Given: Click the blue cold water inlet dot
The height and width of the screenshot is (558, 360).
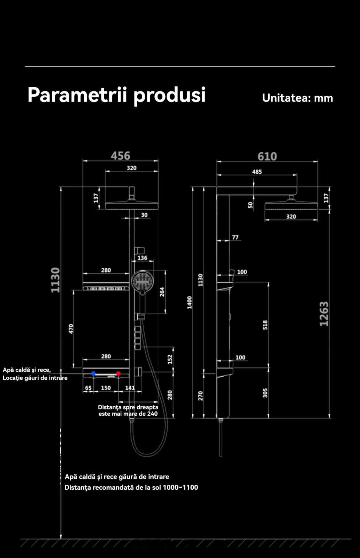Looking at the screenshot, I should tap(93, 374).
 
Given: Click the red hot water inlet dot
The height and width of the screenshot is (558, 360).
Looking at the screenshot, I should tap(118, 374).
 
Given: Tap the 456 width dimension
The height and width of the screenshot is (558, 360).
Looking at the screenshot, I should tap(121, 156).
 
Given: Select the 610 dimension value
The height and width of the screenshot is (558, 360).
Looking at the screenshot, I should tap(267, 157).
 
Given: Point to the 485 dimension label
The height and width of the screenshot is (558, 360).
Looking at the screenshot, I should tap(257, 172).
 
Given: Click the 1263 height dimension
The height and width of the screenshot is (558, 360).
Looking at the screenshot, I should tap(324, 314).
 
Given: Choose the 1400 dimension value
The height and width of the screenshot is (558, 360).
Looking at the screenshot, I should tap(190, 302).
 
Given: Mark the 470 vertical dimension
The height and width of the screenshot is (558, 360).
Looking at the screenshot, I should tap(71, 329).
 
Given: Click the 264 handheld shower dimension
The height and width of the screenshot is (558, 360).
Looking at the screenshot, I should tap(162, 292).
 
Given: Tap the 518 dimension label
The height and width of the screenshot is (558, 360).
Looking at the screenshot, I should tap(265, 325).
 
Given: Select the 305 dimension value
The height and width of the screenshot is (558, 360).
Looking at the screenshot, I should tap(265, 393).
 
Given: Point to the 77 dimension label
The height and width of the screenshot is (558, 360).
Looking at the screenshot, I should tap(235, 237).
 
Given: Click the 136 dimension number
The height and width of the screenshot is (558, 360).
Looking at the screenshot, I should tap(142, 258).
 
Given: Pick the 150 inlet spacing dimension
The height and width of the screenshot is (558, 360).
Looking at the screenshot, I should tap(106, 388).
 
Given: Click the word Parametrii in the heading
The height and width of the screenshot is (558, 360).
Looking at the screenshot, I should tap(77, 95).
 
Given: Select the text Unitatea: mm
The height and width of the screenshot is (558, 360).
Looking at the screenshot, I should tap(297, 98).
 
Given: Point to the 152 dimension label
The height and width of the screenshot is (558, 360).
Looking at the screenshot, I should tap(170, 359).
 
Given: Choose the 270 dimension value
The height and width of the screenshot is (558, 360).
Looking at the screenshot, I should tap(200, 395).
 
